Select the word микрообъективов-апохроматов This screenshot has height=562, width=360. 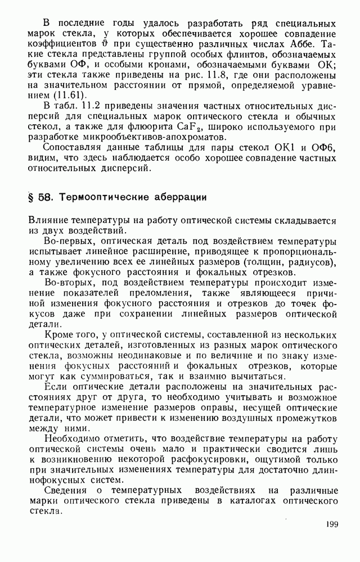pos(141,138)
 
